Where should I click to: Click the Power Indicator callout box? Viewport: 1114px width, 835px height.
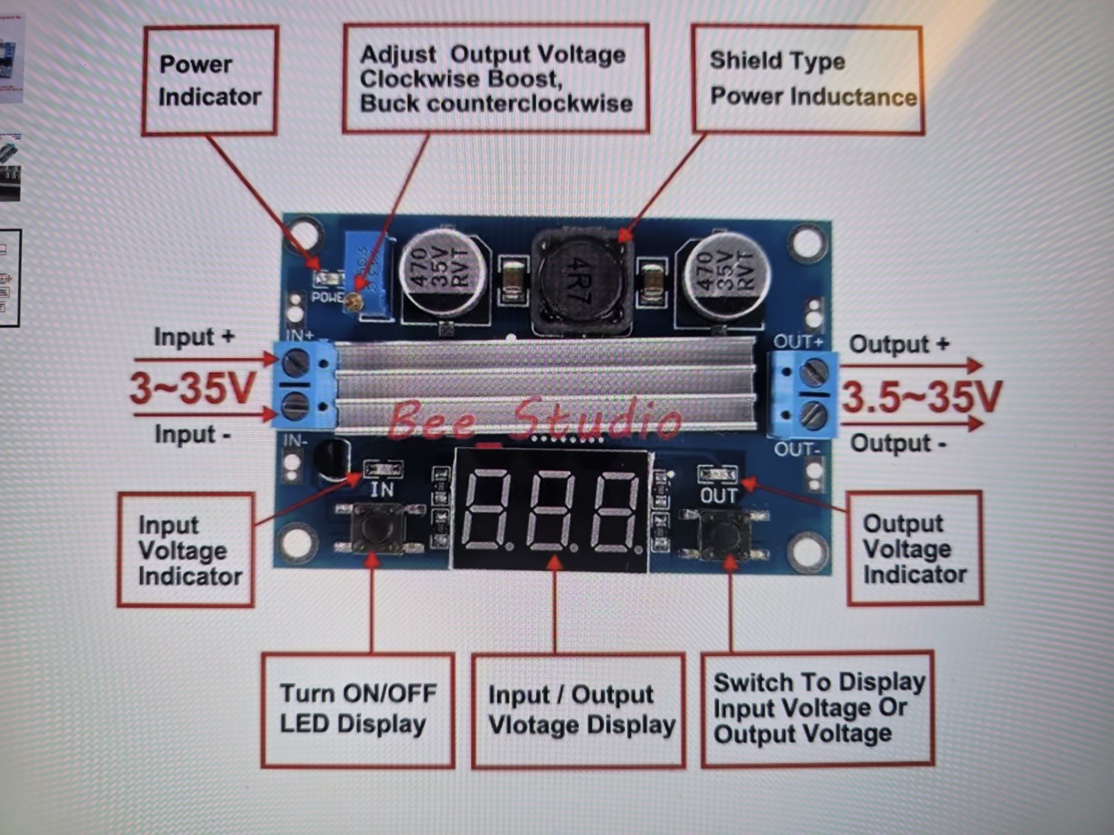(209, 81)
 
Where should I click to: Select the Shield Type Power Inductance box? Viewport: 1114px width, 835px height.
(807, 79)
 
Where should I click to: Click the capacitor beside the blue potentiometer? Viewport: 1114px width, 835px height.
(442, 273)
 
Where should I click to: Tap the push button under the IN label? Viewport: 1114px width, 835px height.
(378, 528)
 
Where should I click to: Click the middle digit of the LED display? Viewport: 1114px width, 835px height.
(552, 510)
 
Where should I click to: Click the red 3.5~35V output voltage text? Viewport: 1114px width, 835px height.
(921, 397)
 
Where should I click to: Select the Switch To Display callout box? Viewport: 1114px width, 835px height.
(818, 709)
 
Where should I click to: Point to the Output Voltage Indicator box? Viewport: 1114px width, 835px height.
(914, 549)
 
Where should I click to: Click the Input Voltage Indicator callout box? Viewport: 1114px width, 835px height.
(186, 550)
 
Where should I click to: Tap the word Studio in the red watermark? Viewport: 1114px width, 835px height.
(598, 418)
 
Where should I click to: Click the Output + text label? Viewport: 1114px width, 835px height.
(899, 344)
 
